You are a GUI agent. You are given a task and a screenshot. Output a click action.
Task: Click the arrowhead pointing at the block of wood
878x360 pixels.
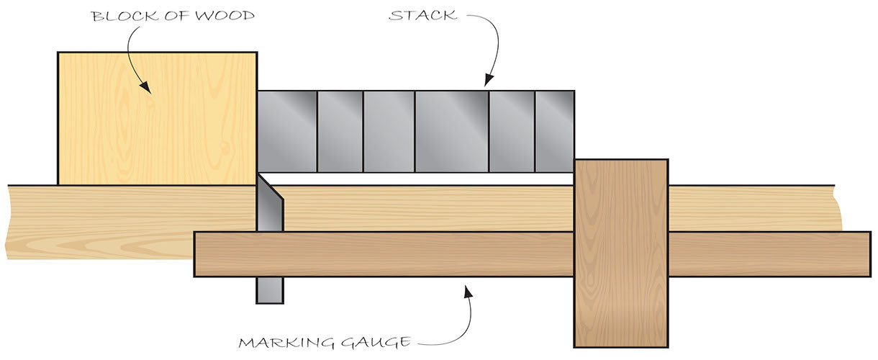click(148, 89)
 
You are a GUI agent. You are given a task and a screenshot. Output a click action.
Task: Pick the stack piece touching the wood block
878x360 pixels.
click(287, 131)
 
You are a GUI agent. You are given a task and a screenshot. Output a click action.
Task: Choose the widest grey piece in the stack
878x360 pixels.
click(452, 131)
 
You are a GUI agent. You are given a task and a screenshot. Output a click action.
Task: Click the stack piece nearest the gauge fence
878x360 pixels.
click(554, 131)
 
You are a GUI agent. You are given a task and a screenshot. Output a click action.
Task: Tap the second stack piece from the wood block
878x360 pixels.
click(340, 131)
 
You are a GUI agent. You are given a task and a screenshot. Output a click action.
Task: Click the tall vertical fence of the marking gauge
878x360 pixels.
click(620, 252)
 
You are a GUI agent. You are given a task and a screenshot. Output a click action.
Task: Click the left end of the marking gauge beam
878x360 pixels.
click(209, 254)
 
